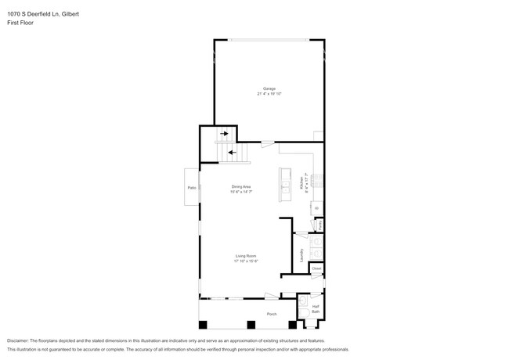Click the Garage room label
(269, 88)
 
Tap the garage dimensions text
(269, 94)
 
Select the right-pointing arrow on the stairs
(224, 135)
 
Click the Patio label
(192, 188)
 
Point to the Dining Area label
(241, 186)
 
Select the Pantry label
(320, 224)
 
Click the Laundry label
(301, 254)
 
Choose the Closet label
(316, 268)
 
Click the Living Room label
(247, 255)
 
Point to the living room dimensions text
(247, 261)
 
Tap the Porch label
(272, 314)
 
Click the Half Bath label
(316, 309)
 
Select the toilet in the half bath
(303, 301)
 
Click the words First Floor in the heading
(20, 23)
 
